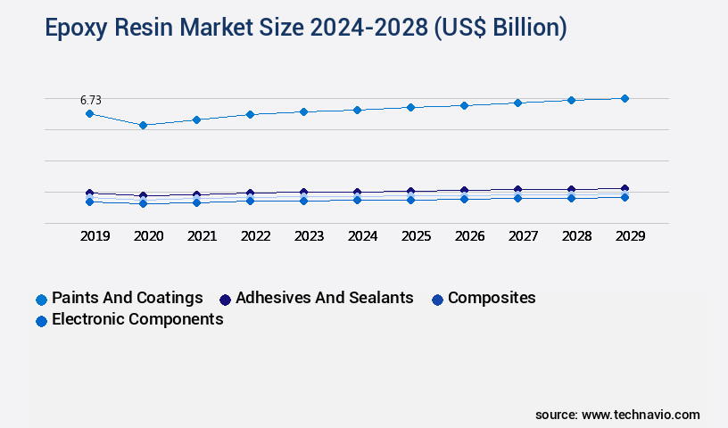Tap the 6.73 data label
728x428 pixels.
(x=89, y=100)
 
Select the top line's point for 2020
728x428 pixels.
(x=143, y=125)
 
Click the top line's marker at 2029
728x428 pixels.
(x=625, y=98)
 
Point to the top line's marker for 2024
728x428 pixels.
(x=357, y=110)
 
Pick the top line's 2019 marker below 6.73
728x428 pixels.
(x=89, y=113)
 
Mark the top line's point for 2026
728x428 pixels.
(x=464, y=105)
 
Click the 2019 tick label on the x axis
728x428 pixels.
(x=95, y=236)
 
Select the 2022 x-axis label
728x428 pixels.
(x=255, y=236)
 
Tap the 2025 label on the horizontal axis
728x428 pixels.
(x=416, y=236)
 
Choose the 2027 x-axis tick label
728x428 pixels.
(x=523, y=236)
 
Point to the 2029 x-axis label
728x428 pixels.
(x=630, y=236)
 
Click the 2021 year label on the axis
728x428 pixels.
(x=202, y=236)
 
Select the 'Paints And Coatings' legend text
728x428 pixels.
(x=127, y=298)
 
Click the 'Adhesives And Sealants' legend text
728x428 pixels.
(x=324, y=298)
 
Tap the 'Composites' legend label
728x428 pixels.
(x=492, y=298)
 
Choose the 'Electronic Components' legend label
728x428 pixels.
(x=137, y=319)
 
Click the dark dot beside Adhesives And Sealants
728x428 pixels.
(x=225, y=300)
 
